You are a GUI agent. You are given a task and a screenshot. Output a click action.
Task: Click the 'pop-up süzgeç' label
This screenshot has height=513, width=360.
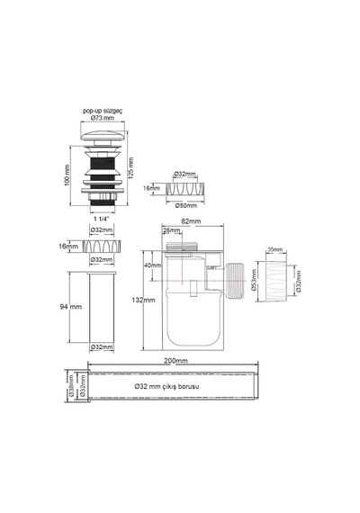tap(103, 111)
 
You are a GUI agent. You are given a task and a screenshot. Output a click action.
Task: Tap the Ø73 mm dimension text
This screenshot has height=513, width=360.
tap(103, 118)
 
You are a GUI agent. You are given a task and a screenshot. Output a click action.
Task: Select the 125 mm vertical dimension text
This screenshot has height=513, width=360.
tap(130, 166)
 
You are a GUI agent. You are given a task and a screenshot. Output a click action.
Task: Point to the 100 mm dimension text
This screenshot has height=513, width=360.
tap(67, 175)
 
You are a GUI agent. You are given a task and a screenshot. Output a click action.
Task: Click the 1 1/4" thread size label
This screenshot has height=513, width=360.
tap(102, 218)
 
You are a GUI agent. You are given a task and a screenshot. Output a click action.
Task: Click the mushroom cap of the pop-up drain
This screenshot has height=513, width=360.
tap(103, 135)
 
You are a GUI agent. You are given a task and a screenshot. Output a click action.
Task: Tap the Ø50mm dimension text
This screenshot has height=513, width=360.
tap(186, 205)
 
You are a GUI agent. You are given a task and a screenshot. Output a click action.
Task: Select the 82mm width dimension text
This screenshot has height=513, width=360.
tap(191, 221)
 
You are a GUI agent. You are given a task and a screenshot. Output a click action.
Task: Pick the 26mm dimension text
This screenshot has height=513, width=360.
tap(172, 230)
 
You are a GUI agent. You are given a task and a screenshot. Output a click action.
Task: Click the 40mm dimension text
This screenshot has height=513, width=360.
tap(153, 265)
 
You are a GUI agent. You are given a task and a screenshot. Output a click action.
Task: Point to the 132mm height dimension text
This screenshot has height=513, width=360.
tap(143, 300)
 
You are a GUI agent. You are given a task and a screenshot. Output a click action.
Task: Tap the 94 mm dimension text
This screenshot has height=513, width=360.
tap(71, 307)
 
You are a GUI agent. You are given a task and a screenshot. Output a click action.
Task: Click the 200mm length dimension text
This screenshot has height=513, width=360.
tap(175, 361)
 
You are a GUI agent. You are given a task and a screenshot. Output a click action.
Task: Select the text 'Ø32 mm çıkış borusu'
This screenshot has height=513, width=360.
tap(166, 386)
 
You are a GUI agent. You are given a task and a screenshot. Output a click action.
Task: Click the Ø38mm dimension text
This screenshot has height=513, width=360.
tap(71, 386)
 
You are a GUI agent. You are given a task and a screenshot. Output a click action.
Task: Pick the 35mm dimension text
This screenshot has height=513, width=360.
tap(274, 249)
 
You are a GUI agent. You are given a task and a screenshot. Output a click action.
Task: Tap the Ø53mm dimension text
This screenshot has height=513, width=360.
tap(253, 280)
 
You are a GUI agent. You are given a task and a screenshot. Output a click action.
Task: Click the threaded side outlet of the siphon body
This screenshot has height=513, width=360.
tap(235, 281)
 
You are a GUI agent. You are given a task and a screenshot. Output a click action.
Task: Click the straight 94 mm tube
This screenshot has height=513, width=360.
tap(102, 307)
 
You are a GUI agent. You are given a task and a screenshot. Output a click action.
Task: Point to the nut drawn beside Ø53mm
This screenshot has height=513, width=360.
tap(276, 281)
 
